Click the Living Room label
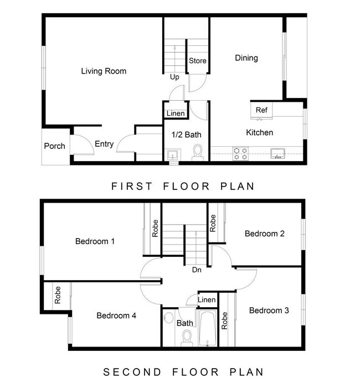[104, 71]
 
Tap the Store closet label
[198, 61]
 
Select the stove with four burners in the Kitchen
[241, 153]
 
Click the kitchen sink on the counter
[277, 153]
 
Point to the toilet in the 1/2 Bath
[198, 152]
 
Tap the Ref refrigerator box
[261, 111]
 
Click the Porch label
[54, 146]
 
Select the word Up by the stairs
[174, 77]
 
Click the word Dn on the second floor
[197, 270]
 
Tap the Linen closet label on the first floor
[176, 113]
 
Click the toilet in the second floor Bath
[187, 338]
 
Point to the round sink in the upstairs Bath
[169, 318]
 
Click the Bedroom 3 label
[269, 311]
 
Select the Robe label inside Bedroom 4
[58, 295]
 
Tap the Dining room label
[246, 58]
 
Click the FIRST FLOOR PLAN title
[183, 187]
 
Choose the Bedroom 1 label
[95, 241]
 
